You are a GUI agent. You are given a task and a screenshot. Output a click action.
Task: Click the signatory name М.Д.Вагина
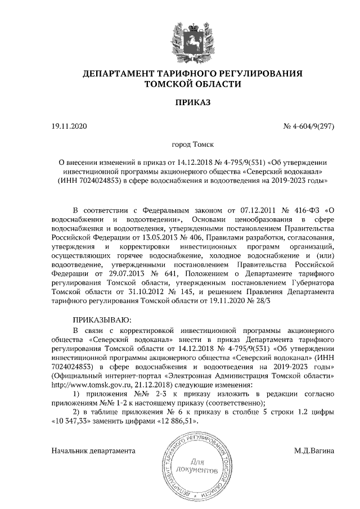[314, 450]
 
